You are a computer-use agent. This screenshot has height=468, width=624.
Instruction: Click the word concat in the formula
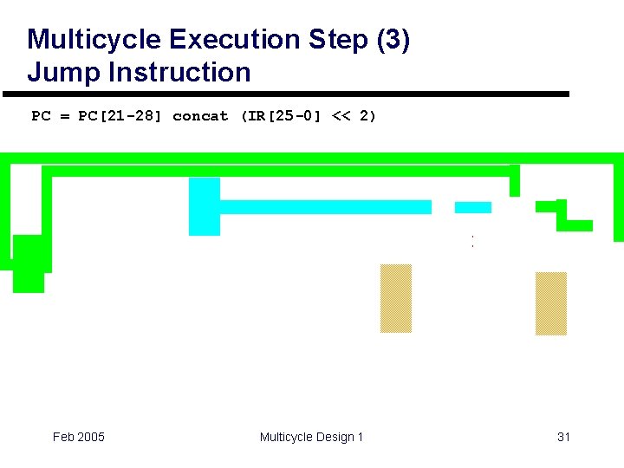pos(200,116)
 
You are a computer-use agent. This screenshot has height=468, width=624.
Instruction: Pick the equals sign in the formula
pos(64,116)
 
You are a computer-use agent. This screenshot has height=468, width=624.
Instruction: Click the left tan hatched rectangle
pos(396,298)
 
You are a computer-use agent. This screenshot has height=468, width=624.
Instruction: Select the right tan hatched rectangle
pos(550,303)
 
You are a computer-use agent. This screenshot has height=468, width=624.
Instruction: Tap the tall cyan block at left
pos(205,206)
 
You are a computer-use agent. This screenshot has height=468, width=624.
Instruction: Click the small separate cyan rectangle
pos(472,207)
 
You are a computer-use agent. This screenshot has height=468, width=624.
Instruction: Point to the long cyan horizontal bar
pos(326,207)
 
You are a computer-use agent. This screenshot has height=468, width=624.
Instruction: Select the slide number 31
pos(563,437)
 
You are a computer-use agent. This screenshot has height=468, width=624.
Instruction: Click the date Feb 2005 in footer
pos(79,437)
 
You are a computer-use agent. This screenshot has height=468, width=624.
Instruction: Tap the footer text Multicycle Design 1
pos(311,437)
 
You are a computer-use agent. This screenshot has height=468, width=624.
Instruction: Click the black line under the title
pos(286,94)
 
